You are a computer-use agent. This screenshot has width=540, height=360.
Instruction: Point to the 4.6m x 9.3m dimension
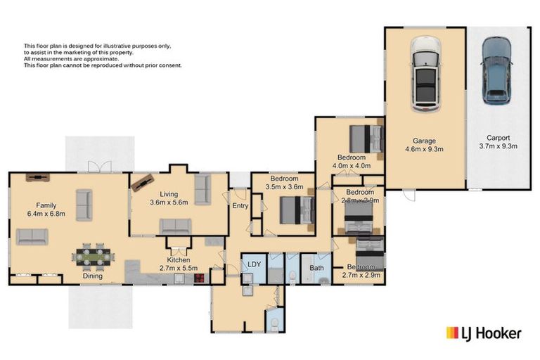424,149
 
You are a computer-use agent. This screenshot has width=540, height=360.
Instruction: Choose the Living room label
169,195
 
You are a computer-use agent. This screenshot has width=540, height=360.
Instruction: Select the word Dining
92,276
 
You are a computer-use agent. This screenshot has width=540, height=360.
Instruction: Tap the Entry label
240,206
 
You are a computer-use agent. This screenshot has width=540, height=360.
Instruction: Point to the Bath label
316,268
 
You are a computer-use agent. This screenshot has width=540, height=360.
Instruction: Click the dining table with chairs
91,256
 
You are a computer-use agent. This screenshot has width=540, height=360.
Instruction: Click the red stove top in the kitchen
199,277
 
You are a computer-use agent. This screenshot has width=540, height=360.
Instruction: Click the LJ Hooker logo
484,333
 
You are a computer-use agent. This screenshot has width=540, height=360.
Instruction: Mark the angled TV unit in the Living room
143,181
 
